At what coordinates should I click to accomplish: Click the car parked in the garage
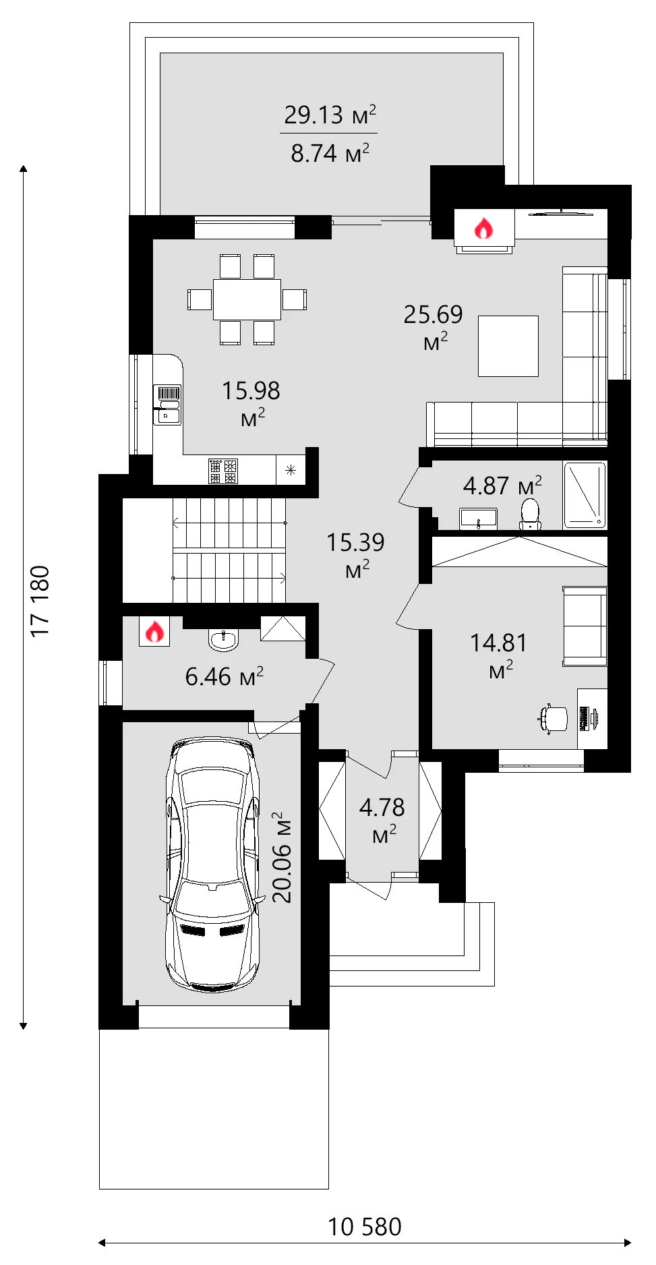coord(212,864)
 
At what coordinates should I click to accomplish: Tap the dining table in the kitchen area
coord(247,299)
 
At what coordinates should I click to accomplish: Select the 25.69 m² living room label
coord(434,327)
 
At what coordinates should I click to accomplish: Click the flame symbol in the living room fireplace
coord(483,229)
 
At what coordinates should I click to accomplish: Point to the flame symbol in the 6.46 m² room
coord(154,632)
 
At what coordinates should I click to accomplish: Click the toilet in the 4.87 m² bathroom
coord(531,514)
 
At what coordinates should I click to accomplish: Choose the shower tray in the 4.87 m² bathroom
coord(585,494)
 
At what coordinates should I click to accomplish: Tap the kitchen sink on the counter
coord(168,405)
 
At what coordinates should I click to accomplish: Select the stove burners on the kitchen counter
coord(223,471)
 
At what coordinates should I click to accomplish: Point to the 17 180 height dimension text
coord(40,600)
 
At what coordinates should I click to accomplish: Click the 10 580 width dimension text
coord(364,1227)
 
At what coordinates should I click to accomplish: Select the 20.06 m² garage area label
coord(282,857)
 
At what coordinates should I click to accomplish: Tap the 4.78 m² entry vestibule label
coord(382,820)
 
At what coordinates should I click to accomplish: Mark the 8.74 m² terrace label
coord(330,153)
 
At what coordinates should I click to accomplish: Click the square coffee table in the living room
coord(508,346)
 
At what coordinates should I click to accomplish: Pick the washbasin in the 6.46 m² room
coord(223,640)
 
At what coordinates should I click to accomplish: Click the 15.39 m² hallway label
coord(355,555)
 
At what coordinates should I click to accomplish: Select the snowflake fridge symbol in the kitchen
coord(291,470)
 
